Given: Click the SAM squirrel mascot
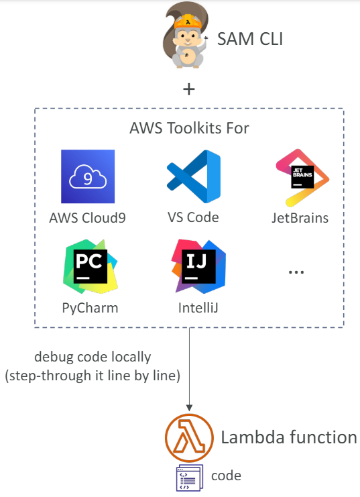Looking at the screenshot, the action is click(x=186, y=35).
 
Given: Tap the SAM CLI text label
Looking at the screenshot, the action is click(x=250, y=40).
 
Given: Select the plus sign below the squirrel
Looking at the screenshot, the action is click(x=189, y=89).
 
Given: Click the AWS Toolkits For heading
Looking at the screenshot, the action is click(x=189, y=128).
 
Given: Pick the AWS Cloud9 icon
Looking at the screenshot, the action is click(x=88, y=176).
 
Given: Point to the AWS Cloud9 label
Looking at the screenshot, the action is click(x=87, y=218).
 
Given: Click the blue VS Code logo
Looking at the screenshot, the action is click(x=194, y=176).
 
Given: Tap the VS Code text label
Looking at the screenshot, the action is click(x=193, y=218).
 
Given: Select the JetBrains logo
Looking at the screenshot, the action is click(x=302, y=178).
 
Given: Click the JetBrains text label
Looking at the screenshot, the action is click(x=300, y=218).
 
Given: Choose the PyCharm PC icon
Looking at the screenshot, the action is click(x=91, y=266).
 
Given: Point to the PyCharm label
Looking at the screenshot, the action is click(x=90, y=308).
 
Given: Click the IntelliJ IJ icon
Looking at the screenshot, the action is click(x=198, y=266).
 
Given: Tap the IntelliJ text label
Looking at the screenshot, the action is click(x=198, y=308).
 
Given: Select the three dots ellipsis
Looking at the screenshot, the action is click(x=296, y=272).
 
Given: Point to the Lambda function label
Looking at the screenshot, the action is click(x=289, y=437).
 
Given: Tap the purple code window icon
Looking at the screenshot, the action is click(x=190, y=478).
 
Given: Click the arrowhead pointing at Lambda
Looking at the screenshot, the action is click(x=189, y=408).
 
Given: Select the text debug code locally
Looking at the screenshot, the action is click(x=93, y=357).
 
